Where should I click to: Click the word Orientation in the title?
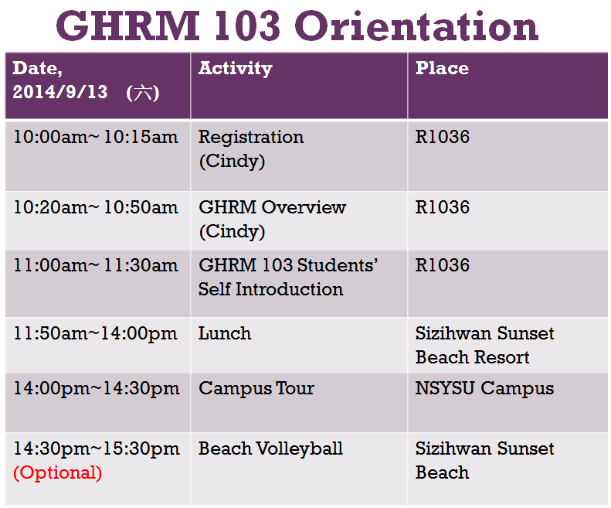pyautogui.click(x=416, y=26)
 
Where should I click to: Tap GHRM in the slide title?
pyautogui.click(x=127, y=26)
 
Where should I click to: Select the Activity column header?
pyautogui.click(x=236, y=69)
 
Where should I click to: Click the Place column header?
pyautogui.click(x=442, y=68)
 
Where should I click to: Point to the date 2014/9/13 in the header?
pyautogui.click(x=60, y=92)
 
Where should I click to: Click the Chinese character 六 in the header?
pyautogui.click(x=143, y=93)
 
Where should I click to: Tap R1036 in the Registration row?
pyautogui.click(x=443, y=137)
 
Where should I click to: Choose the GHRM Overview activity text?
pyautogui.click(x=273, y=207)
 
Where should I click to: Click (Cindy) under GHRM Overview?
pyautogui.click(x=232, y=232)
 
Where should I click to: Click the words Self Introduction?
pyautogui.click(x=271, y=289)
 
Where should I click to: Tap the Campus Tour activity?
pyautogui.click(x=256, y=389)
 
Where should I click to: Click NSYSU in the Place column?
pyautogui.click(x=445, y=388)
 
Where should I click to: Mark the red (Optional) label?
pyautogui.click(x=58, y=473)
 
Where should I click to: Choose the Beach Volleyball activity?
pyautogui.click(x=271, y=448)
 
